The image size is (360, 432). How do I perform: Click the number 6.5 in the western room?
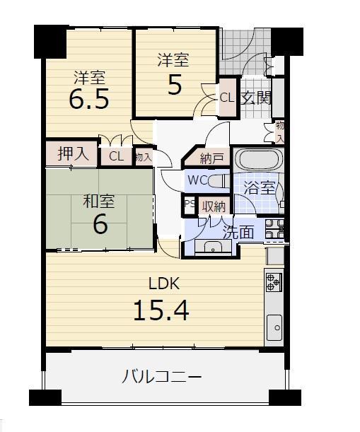tap(88, 98)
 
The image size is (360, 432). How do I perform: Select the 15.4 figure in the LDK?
tap(161, 310)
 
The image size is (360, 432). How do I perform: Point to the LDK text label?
tap(164, 284)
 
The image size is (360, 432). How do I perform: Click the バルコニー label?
tap(162, 377)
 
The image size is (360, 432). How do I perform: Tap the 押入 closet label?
tap(74, 153)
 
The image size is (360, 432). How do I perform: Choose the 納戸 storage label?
tap(211, 158)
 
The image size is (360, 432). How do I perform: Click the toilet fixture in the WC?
tap(219, 181)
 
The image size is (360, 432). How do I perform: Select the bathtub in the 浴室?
tap(258, 159)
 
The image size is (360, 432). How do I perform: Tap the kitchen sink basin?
tap(274, 327)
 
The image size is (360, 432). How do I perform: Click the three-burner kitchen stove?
tap(274, 282)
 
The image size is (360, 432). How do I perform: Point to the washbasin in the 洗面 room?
tap(213, 246)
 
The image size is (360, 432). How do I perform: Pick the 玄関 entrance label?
tap(256, 98)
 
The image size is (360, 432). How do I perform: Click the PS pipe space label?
tap(190, 204)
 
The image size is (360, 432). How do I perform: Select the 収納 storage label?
tap(214, 206)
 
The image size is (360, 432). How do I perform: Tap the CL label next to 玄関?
tap(227, 98)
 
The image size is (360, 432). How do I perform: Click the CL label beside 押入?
tap(116, 156)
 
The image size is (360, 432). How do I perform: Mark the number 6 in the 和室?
tap(100, 224)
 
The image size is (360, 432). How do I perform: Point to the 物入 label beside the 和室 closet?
tap(144, 158)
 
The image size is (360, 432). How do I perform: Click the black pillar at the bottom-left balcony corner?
tap(45, 397)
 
